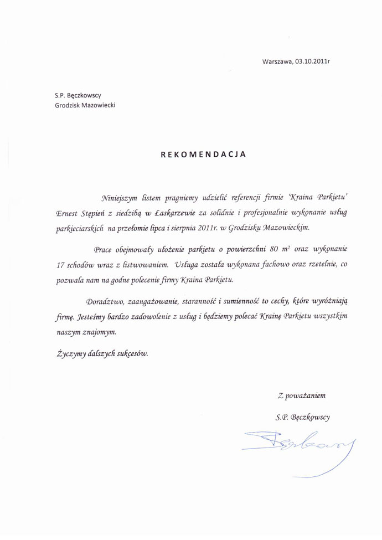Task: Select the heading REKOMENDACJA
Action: tap(203, 154)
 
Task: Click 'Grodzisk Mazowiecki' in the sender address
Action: tap(85, 105)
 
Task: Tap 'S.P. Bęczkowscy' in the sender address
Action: tap(78, 95)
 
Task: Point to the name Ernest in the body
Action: tap(69, 212)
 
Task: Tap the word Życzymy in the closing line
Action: tap(71, 353)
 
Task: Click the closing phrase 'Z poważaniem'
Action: tap(302, 395)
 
